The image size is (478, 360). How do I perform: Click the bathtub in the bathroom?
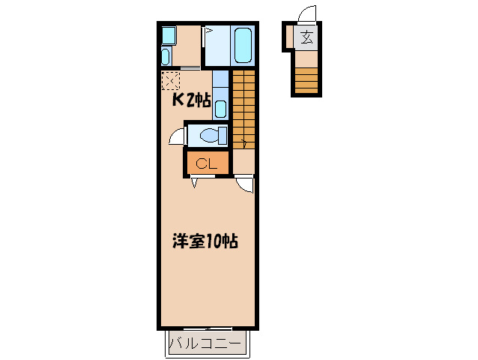pyautogui.click(x=243, y=45)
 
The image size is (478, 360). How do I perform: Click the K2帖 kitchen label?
pyautogui.click(x=192, y=100)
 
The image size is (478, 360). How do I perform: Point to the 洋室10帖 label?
pyautogui.click(x=205, y=241)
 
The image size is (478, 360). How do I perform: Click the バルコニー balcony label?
pyautogui.click(x=205, y=344)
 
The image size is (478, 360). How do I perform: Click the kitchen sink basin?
pyautogui.click(x=220, y=108)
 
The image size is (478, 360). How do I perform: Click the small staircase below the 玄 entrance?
pyautogui.click(x=306, y=79)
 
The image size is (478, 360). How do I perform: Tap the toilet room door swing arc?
pyautogui.click(x=176, y=136)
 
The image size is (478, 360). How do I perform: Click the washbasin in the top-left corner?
pyautogui.click(x=166, y=56)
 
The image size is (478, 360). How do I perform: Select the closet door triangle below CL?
pyautogui.click(x=195, y=181)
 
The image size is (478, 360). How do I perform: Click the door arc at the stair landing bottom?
pyautogui.click(x=246, y=184)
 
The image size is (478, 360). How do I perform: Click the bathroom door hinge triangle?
pyautogui.click(x=208, y=31)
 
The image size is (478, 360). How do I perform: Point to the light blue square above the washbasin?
pyautogui.click(x=169, y=34)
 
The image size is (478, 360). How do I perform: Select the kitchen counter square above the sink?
pyautogui.click(x=220, y=81)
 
